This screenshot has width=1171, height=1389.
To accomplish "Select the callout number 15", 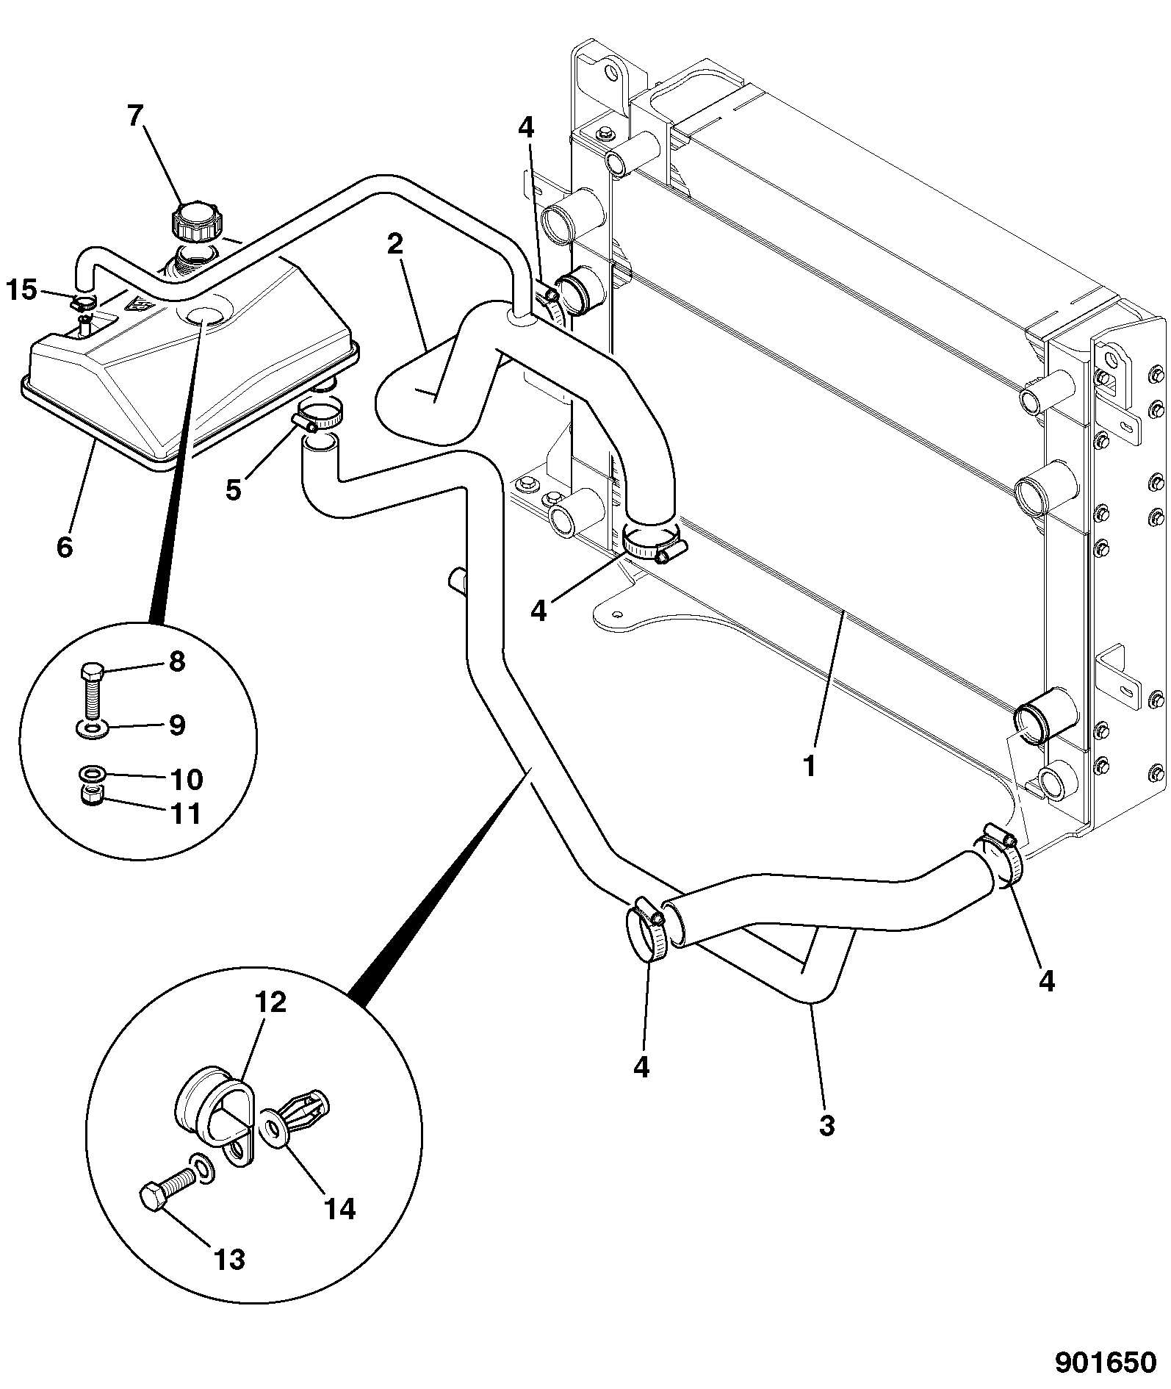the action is click(22, 290).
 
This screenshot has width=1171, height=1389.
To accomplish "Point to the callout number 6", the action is click(65, 545).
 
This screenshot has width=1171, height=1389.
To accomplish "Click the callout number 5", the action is click(233, 489).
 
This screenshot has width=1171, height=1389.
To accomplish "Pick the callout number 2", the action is click(395, 243).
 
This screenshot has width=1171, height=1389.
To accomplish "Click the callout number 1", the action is click(810, 766).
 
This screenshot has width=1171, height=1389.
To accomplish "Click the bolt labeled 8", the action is click(91, 691).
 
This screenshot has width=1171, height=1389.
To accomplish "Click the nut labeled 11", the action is click(91, 796).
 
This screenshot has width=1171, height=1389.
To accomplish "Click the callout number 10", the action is click(187, 779).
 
